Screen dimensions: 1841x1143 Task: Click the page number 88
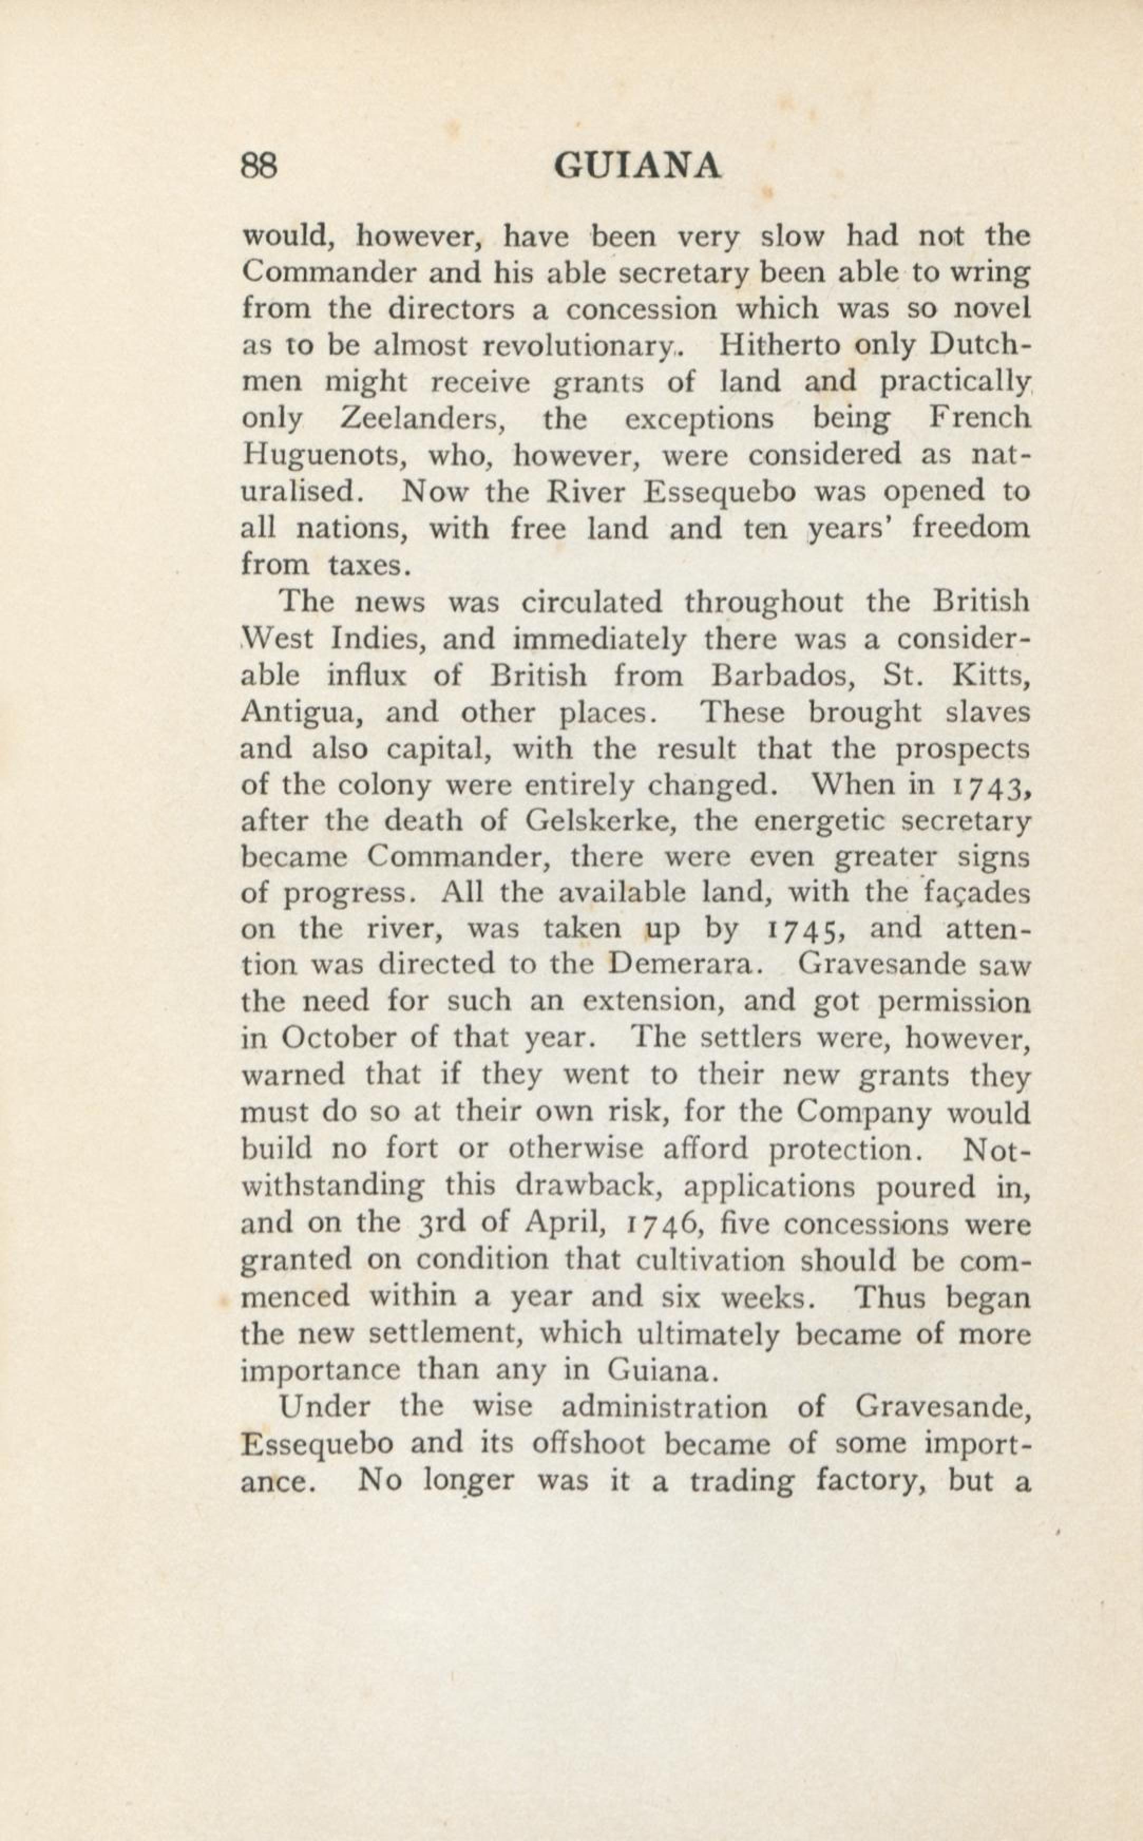coord(259,165)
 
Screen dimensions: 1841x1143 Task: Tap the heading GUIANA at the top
coord(636,165)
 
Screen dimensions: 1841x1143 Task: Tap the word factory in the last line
coord(872,1481)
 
